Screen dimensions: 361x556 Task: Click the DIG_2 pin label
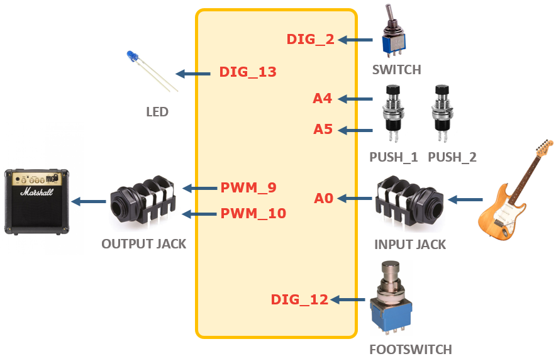[x=310, y=40]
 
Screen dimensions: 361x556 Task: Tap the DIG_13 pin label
[x=247, y=72]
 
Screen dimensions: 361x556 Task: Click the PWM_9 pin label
[x=248, y=187]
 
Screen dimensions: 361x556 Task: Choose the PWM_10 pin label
[x=253, y=214]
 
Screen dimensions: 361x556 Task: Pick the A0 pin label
[x=323, y=199]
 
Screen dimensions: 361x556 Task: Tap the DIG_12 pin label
[x=299, y=300]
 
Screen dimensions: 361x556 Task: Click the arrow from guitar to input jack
[x=465, y=200]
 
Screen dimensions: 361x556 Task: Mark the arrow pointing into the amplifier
[x=88, y=202]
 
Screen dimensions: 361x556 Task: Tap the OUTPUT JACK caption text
[x=144, y=243]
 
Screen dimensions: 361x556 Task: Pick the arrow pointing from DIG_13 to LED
[x=192, y=74]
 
